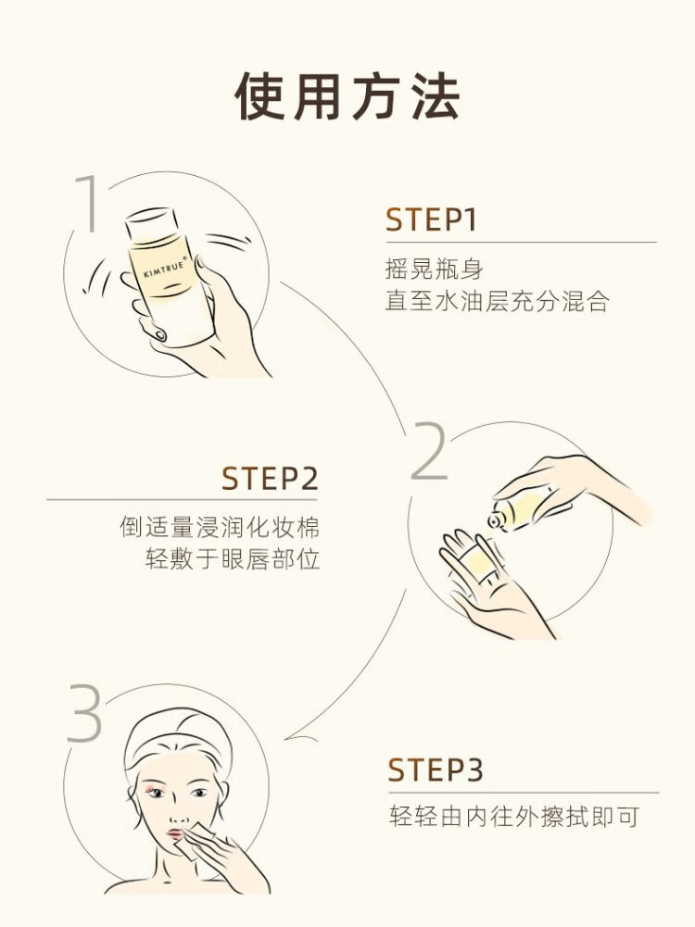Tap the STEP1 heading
pyautogui.click(x=431, y=219)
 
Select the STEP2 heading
pyautogui.click(x=270, y=478)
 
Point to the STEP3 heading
pyautogui.click(x=436, y=770)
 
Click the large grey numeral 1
pyautogui.click(x=89, y=203)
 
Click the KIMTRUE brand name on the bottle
pyautogui.click(x=165, y=268)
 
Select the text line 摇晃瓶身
pyautogui.click(x=435, y=269)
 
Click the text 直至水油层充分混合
pyautogui.click(x=497, y=301)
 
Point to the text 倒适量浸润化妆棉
pyautogui.click(x=220, y=527)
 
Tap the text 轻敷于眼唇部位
pyautogui.click(x=233, y=558)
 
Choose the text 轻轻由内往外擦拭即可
pyautogui.click(x=514, y=817)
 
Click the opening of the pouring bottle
pyautogui.click(x=495, y=520)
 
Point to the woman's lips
pyautogui.click(x=176, y=834)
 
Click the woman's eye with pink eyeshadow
pyautogui.click(x=155, y=792)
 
